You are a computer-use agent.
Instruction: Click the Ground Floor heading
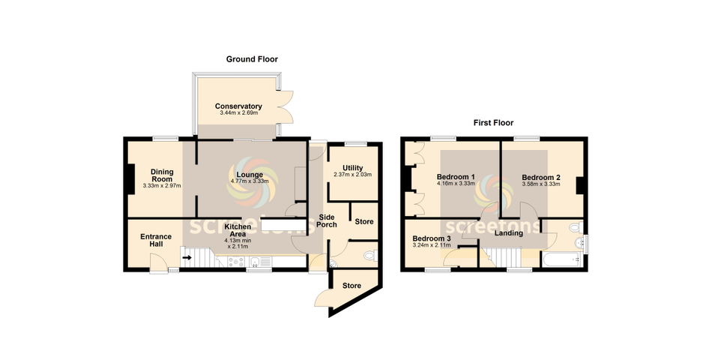pos(252,59)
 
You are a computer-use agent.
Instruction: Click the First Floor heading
pos(493,123)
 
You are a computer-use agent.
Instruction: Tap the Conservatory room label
pos(238,106)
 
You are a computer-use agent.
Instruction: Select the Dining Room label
pos(162,175)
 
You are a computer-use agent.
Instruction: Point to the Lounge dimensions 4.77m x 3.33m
pos(250,181)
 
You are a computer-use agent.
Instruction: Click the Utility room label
pos(353,168)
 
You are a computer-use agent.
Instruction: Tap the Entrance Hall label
pos(156,240)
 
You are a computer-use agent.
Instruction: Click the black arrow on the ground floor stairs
pos(187,258)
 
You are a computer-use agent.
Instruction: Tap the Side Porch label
pos(327,221)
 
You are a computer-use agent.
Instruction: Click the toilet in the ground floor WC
pos(370,256)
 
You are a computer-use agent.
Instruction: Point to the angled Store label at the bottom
pos(352,286)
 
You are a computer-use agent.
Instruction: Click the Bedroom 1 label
pos(456,177)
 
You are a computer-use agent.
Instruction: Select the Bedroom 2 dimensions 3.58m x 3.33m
pos(541,184)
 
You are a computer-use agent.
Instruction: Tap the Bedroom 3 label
pos(432,238)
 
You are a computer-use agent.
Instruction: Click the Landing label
pos(509,233)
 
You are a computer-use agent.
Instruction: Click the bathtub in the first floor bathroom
pos(561,259)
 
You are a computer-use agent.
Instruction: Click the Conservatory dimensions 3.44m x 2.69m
pos(238,112)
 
